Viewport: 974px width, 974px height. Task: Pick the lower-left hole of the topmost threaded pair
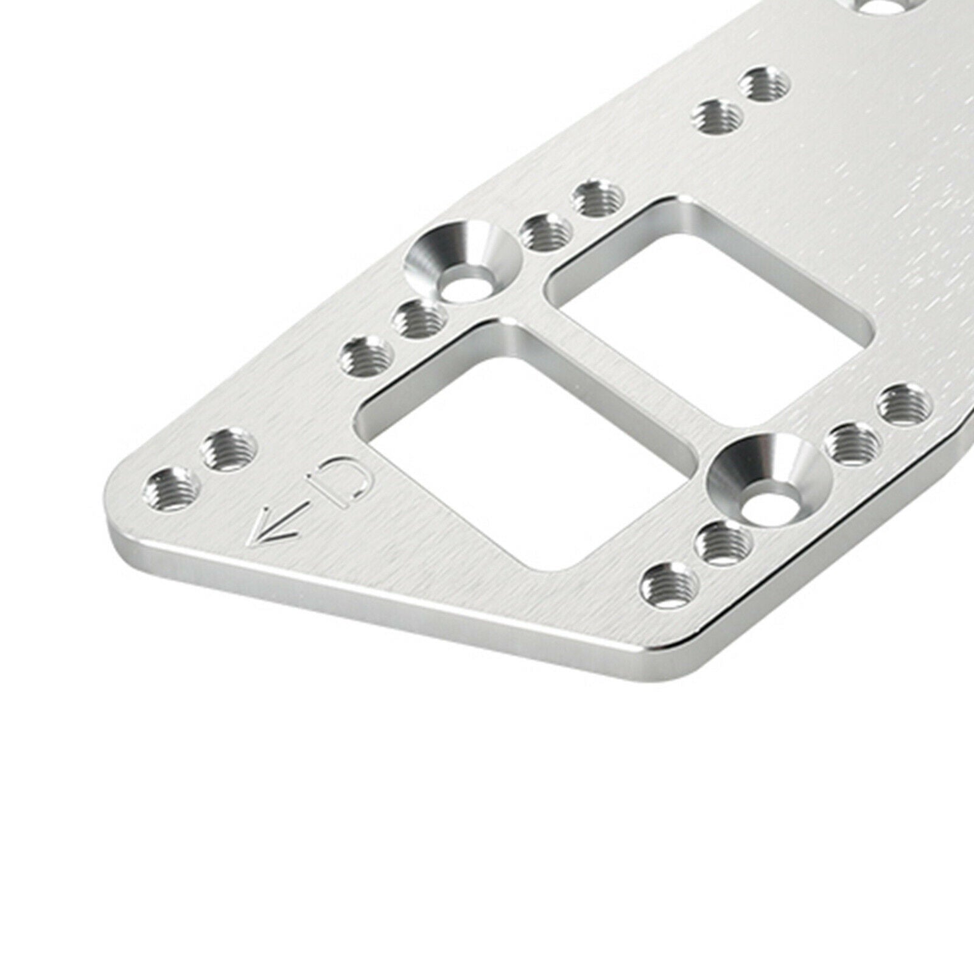[x=719, y=117]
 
